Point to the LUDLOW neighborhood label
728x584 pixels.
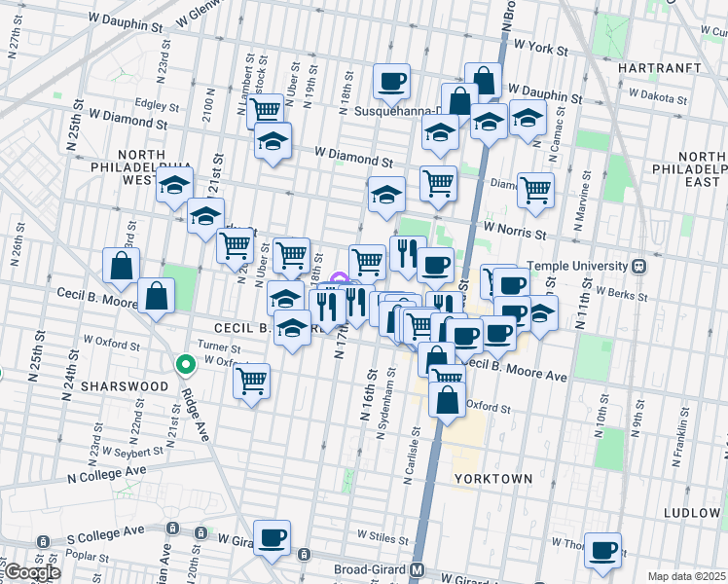[692, 512]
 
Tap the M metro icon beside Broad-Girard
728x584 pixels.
[417, 570]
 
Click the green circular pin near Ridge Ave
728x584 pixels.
[185, 365]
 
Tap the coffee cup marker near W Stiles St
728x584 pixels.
[273, 536]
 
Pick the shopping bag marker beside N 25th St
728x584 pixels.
[122, 266]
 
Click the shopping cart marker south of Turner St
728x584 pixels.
[251, 380]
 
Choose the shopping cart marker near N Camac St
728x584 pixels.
[535, 190]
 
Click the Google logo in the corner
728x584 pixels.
[31, 572]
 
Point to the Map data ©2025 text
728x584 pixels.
[687, 576]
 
